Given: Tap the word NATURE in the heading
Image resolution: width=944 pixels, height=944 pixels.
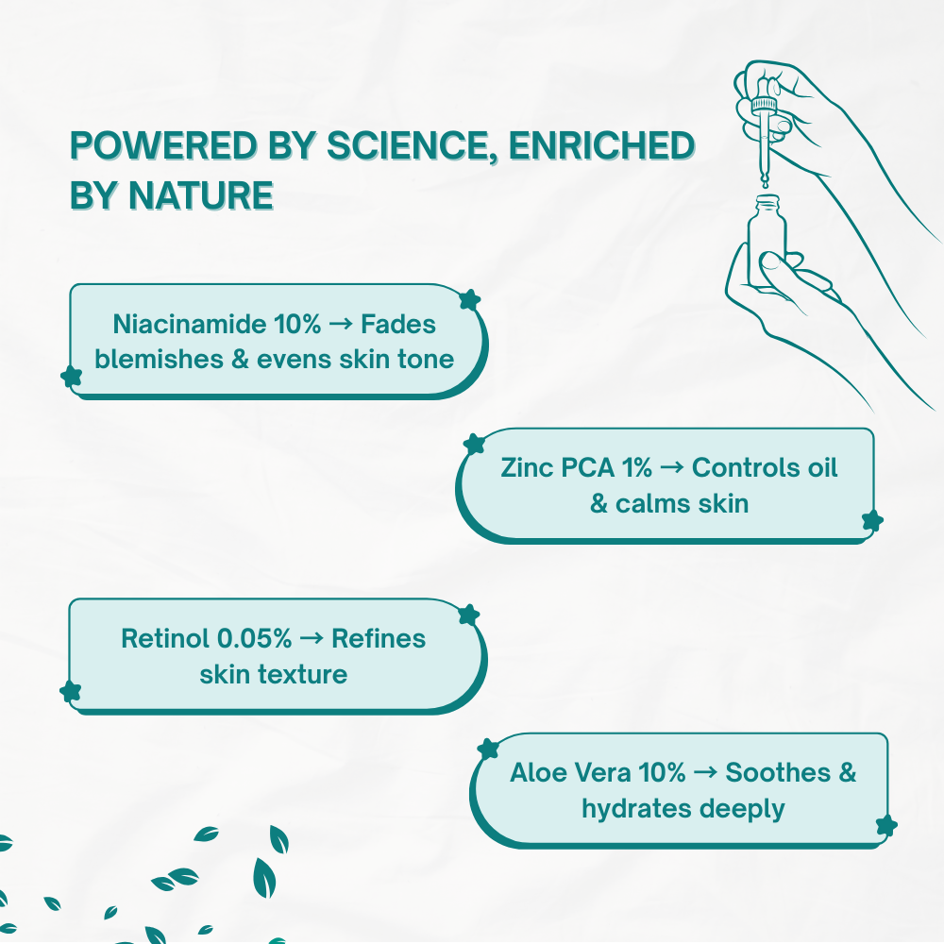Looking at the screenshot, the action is pyautogui.click(x=200, y=195).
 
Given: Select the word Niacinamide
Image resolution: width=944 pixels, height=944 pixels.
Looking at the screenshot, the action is pyautogui.click(x=190, y=324).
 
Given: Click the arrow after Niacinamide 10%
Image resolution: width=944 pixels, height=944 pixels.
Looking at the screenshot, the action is pyautogui.click(x=341, y=325).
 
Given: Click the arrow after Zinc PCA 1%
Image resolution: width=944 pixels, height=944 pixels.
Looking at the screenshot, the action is pyautogui.click(x=672, y=468).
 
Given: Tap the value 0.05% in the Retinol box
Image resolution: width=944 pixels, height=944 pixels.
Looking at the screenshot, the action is pyautogui.click(x=254, y=639).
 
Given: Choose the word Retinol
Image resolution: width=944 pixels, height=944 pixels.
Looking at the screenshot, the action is pyautogui.click(x=165, y=639).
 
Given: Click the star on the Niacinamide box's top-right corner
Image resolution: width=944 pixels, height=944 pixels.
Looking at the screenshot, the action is pyautogui.click(x=469, y=299).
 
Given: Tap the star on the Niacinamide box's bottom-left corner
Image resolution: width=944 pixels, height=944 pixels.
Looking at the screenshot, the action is pyautogui.click(x=72, y=377).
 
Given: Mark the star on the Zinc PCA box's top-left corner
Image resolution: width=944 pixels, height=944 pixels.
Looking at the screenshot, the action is pyautogui.click(x=475, y=445).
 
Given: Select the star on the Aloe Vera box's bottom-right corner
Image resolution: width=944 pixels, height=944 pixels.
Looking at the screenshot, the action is pyautogui.click(x=886, y=825).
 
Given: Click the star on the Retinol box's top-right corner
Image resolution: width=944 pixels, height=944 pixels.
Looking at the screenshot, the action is pyautogui.click(x=469, y=615).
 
